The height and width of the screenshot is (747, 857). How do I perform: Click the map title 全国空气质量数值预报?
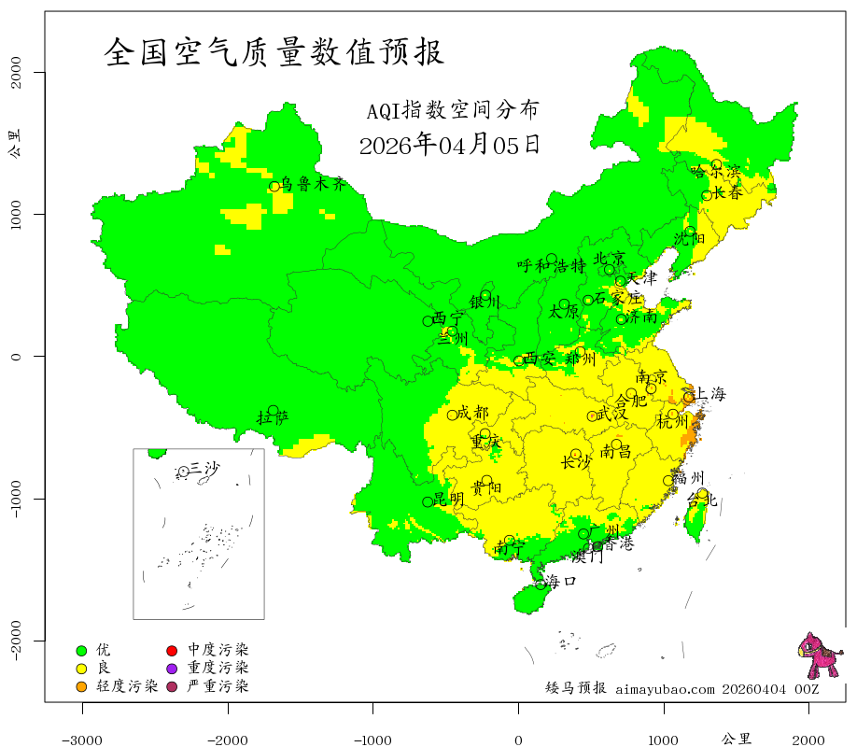[x=274, y=51]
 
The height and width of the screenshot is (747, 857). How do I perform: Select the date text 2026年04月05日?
[x=449, y=145]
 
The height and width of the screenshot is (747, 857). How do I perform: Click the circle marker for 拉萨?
[x=273, y=411]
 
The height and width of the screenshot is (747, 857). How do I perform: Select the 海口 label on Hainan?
[x=560, y=581]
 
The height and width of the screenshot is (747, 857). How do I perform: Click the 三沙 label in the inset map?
[x=204, y=468]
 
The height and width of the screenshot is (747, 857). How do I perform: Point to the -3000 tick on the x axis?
[x=82, y=739]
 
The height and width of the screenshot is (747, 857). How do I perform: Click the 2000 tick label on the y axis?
[x=16, y=73]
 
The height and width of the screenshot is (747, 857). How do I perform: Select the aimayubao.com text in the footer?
[x=664, y=689]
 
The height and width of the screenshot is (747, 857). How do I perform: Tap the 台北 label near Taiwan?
[x=701, y=500]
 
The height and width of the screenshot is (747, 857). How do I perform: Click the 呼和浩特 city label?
[x=552, y=265]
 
